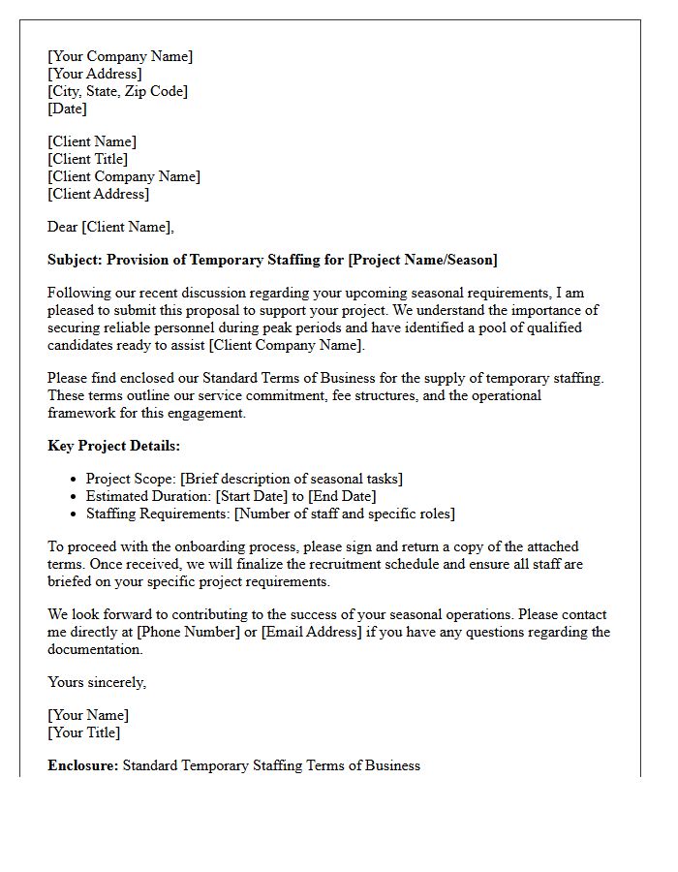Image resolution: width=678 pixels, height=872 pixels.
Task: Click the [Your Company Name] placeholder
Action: pyautogui.click(x=120, y=56)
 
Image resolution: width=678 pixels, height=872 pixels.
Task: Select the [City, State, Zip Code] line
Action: pyautogui.click(x=117, y=91)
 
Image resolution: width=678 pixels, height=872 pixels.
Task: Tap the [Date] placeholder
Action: pyautogui.click(x=67, y=109)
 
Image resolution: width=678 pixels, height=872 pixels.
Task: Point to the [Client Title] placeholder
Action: pyautogui.click(x=87, y=159)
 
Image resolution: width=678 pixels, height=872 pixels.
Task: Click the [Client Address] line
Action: pyautogui.click(x=98, y=194)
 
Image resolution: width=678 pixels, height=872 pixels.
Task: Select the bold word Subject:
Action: pyautogui.click(x=75, y=260)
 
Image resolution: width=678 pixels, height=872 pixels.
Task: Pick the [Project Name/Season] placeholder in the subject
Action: pyautogui.click(x=423, y=260)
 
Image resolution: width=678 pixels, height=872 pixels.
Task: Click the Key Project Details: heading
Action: pyautogui.click(x=113, y=446)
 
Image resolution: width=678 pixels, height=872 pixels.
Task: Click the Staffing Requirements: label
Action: pyautogui.click(x=158, y=514)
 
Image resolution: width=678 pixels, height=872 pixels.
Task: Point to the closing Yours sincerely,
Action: pyautogui.click(x=97, y=682)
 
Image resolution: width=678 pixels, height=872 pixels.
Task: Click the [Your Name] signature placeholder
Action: pyautogui.click(x=88, y=715)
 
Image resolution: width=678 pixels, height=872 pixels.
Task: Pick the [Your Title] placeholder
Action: pyautogui.click(x=84, y=732)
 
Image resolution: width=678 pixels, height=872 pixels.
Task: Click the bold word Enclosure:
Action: pyautogui.click(x=82, y=765)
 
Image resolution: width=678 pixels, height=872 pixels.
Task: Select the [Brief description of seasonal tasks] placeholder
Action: pyautogui.click(x=292, y=479)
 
